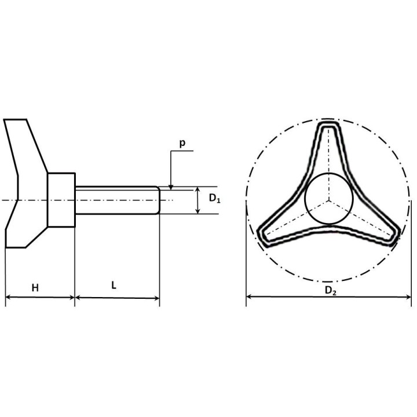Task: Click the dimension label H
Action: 35,287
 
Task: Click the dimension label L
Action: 114,286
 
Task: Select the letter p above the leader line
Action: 182,144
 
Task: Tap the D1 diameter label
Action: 215,198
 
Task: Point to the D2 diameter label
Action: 331,291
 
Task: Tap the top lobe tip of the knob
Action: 329,124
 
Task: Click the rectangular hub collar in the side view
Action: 61,200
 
